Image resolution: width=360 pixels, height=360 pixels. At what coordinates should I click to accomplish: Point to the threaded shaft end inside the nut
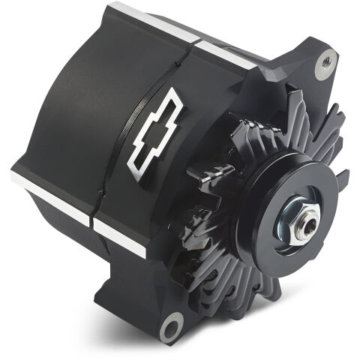(x=304, y=228)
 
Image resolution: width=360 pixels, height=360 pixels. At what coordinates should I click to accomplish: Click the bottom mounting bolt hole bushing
(x=172, y=326)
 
